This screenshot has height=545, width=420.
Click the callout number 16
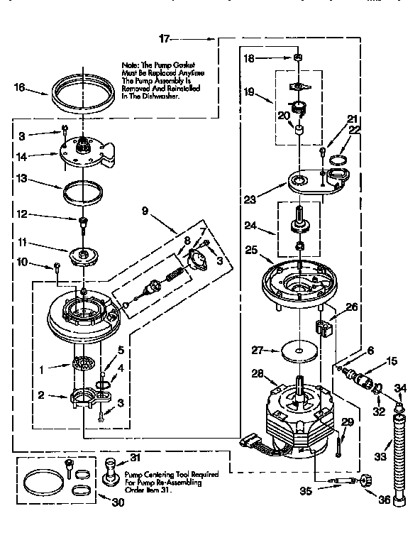(20, 88)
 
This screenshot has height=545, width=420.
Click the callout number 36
(385, 500)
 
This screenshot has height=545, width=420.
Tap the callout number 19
(250, 92)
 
